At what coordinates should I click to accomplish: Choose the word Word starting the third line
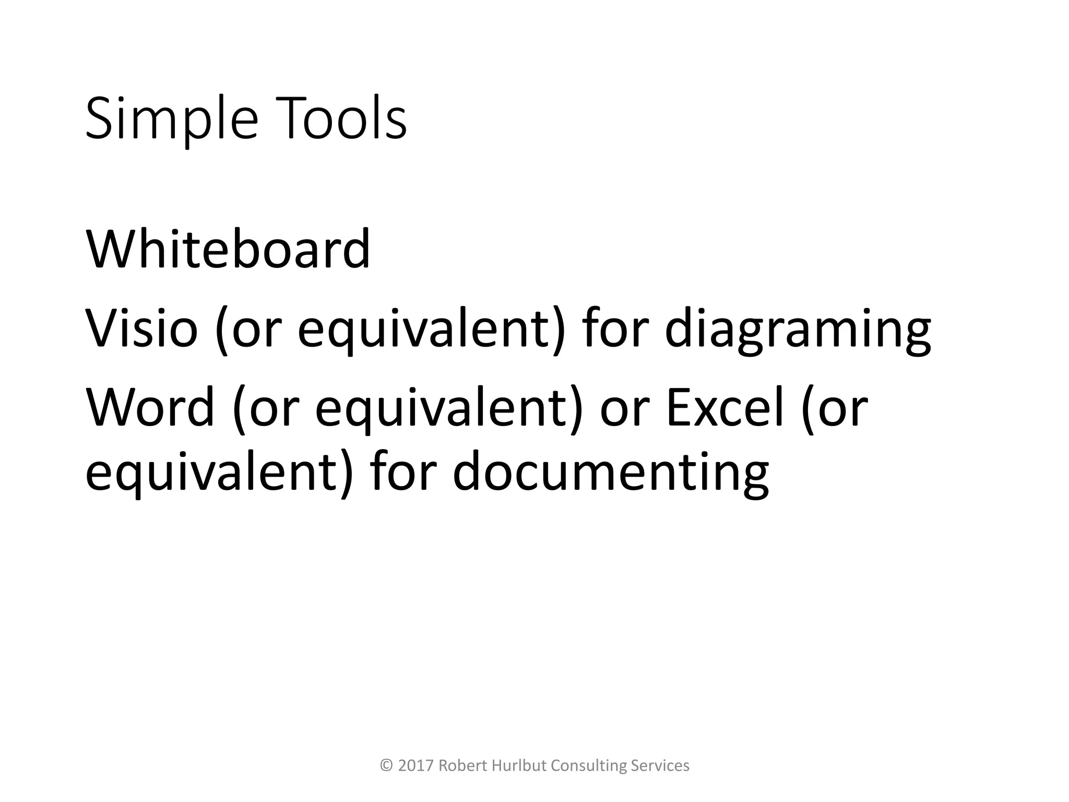pos(150,407)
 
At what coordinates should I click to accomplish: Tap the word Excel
pos(725,407)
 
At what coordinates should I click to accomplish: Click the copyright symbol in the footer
pos(386,766)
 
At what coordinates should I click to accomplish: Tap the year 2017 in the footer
pos(415,766)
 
